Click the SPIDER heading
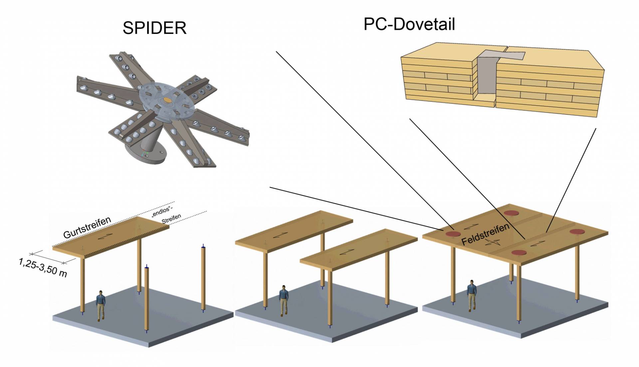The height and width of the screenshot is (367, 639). coord(154,28)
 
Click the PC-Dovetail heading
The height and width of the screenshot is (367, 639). coord(409,24)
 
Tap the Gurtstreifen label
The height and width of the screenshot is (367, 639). coord(87,227)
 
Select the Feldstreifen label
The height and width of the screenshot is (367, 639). coord(485,234)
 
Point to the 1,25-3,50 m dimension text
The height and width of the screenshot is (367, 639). coord(43,267)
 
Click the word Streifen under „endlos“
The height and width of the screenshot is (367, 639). coord(171,219)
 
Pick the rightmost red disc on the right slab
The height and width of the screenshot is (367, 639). coord(579,231)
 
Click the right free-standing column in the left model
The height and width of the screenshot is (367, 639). coord(203,278)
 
